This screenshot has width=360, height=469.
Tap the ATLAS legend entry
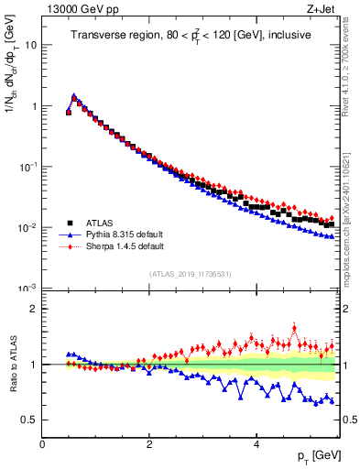(x=100, y=222)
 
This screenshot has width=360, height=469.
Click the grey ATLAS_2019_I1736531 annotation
(x=191, y=274)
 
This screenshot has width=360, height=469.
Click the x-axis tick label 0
(x=43, y=443)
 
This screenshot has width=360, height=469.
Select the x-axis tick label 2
(x=149, y=443)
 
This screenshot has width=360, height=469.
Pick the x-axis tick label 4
(x=256, y=443)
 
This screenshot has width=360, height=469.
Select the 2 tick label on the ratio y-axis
(x=33, y=309)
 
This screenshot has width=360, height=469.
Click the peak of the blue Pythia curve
(x=74, y=94)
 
